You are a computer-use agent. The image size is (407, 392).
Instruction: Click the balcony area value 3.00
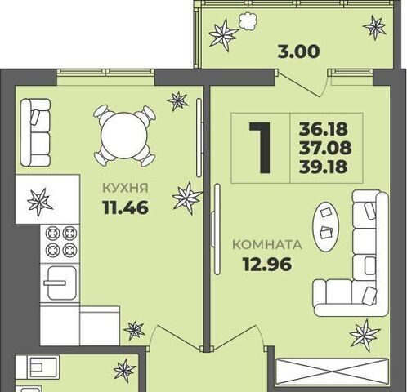coord(298,51)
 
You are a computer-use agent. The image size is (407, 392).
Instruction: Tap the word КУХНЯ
coord(125,188)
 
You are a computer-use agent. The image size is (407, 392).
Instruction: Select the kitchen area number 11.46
coord(126,207)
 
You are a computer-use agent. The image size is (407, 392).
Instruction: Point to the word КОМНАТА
coord(267,245)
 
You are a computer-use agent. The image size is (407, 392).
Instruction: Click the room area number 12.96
coord(267,265)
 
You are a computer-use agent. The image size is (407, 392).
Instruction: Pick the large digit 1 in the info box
coord(261,148)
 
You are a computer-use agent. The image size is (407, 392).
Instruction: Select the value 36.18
coord(324,129)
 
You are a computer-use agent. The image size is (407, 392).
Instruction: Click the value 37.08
coord(325,148)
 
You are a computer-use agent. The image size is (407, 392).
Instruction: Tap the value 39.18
coord(324,167)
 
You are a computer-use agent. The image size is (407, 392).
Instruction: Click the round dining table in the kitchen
coord(124,136)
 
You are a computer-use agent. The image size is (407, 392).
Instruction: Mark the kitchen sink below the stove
coord(60,283)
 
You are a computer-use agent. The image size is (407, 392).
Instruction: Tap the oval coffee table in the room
coord(326,226)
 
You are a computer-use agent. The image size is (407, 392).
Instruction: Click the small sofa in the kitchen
coord(35,132)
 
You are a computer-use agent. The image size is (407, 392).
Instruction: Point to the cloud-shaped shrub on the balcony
coord(248,21)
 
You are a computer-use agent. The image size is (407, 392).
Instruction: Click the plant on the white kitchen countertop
coord(40,203)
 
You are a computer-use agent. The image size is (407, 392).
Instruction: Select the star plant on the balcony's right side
coord(375,27)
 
